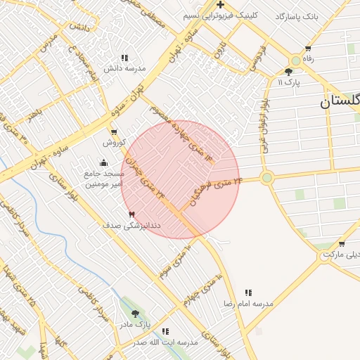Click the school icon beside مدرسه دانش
[124, 58]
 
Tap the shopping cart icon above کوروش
[114, 131]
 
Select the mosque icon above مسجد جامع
[104, 163]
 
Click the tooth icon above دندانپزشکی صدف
[131, 214]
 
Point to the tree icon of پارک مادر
[135, 314]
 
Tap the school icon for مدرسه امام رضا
[248, 292]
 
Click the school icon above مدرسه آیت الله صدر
[165, 331]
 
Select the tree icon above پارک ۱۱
[288, 72]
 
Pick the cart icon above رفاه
[308, 49]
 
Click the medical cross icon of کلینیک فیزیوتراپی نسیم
[221, 5]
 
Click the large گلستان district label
[340, 101]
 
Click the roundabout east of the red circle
[266, 178]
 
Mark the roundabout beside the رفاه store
[295, 61]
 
